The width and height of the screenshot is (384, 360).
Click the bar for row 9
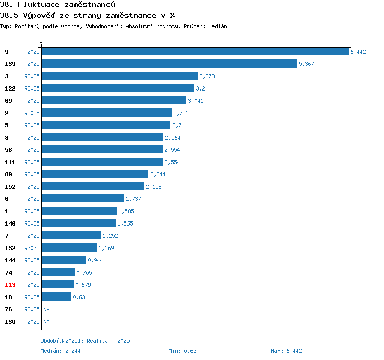pos(195,52)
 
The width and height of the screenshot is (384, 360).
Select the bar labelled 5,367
pos(169,64)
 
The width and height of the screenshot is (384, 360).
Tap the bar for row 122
pos(118,88)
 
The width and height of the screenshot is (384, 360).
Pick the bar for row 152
pos(93,187)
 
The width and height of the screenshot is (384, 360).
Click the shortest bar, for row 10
pos(56,297)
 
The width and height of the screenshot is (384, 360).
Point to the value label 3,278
pos(207,76)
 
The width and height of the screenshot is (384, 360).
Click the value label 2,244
pos(158,174)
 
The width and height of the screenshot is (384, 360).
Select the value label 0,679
pos(83,285)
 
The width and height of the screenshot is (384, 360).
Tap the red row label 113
pos(10,285)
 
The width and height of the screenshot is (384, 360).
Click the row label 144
pos(10,260)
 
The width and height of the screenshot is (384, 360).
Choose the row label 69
pos(8,101)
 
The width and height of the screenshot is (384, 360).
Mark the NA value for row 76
pos(46,309)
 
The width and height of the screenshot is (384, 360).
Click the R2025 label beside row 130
pos(32,322)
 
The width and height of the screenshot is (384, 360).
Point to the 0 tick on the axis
pos(41,41)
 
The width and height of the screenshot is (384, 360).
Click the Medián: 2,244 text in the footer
pos(60,351)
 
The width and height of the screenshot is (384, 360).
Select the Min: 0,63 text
pos(182,351)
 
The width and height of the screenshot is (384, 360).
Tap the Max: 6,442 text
pos(286,351)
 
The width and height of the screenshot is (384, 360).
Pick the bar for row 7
pos(71,236)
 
